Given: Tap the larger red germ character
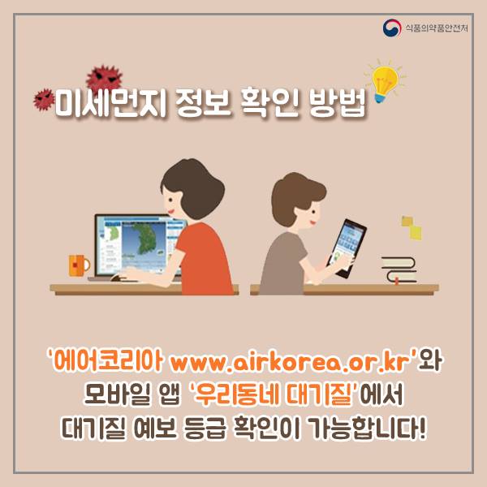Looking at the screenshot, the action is (105, 77).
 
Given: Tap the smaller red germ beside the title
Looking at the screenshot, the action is (44, 99).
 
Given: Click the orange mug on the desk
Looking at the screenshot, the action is (79, 265).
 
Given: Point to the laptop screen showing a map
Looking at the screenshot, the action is (138, 244).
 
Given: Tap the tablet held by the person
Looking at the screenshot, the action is (347, 248).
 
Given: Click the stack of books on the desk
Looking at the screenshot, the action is (399, 270).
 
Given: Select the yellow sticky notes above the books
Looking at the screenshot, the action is (412, 228).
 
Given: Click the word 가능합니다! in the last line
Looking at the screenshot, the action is (368, 429).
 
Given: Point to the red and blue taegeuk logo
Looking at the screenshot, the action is (392, 28).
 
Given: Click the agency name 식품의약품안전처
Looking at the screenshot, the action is (437, 28).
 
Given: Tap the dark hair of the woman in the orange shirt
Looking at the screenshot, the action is (193, 187).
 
